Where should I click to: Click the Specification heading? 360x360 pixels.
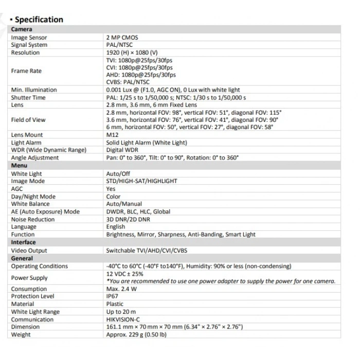tap(39, 20)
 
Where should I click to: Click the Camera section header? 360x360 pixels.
tap(22, 29)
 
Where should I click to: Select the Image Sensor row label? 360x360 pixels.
tap(29, 38)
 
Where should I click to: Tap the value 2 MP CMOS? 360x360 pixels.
tap(122, 38)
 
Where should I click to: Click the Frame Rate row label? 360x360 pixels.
tap(26, 71)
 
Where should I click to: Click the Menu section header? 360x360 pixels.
tap(20, 166)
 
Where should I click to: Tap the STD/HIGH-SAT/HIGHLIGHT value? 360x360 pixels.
tap(141, 181)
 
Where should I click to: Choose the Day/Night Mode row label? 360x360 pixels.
tap(33, 196)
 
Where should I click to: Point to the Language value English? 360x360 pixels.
tap(116, 227)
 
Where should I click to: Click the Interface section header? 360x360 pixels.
tap(24, 242)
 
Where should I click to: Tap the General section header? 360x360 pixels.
tap(22, 258)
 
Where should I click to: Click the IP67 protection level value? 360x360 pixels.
tap(112, 296)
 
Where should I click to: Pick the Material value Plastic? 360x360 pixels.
tap(115, 304)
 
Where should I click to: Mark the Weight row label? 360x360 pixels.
tap(21, 335)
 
